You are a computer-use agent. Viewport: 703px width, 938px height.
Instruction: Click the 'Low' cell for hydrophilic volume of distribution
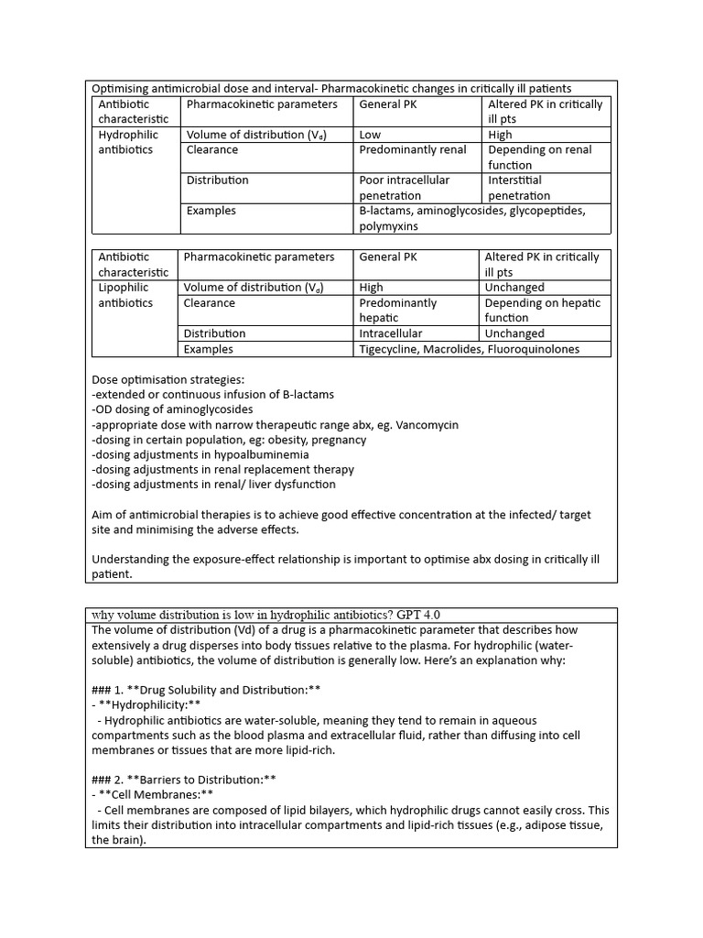click(371, 135)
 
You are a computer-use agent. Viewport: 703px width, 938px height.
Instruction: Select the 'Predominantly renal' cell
click(412, 150)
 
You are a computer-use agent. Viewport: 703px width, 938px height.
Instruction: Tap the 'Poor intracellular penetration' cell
click(404, 188)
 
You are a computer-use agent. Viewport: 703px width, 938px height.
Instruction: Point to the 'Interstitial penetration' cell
click(519, 188)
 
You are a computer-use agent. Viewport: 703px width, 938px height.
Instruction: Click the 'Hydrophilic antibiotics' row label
click(128, 142)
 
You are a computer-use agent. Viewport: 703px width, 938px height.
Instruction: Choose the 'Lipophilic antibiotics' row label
click(125, 295)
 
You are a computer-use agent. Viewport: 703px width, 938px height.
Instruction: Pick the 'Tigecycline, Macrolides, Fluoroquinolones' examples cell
click(469, 349)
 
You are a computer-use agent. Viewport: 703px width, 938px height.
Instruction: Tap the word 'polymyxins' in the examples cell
click(388, 226)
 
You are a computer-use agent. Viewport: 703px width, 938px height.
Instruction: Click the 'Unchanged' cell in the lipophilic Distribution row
click(514, 333)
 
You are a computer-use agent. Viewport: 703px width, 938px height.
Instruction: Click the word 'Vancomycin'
click(426, 425)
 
